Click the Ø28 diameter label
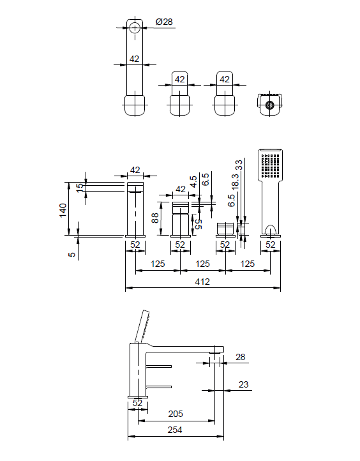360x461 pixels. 164,22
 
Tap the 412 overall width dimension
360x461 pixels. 202,282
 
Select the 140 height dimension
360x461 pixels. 63,210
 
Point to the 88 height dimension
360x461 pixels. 155,218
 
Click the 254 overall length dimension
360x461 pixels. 175,430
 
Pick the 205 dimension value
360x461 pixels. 176,414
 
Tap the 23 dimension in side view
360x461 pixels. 243,384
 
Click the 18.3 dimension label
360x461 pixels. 236,181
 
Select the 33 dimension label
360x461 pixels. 239,165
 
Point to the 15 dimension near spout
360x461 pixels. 80,188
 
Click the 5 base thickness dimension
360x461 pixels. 72,254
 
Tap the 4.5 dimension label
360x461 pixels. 193,181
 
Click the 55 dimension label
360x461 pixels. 199,224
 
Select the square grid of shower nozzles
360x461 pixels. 271,165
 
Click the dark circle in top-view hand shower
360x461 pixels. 269,105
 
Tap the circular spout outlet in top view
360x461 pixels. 135,28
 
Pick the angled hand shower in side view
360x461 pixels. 142,326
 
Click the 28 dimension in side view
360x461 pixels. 241,357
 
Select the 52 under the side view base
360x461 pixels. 137,403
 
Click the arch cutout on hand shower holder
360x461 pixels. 270,230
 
